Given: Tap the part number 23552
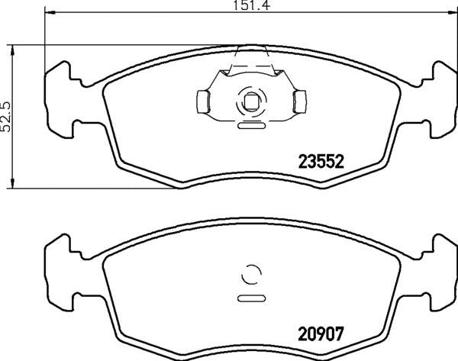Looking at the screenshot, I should coord(321,162).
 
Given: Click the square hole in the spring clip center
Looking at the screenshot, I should coord(250,100).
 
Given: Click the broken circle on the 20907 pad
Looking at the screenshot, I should coord(250,273).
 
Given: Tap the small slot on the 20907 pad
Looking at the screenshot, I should coord(250,297).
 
